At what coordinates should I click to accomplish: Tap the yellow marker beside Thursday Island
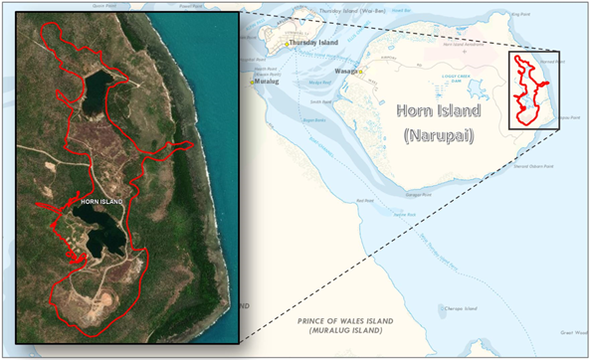(287, 44)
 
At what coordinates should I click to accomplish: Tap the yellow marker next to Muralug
(252, 84)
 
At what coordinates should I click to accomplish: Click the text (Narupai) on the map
(438, 134)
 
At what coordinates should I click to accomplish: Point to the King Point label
(519, 15)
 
